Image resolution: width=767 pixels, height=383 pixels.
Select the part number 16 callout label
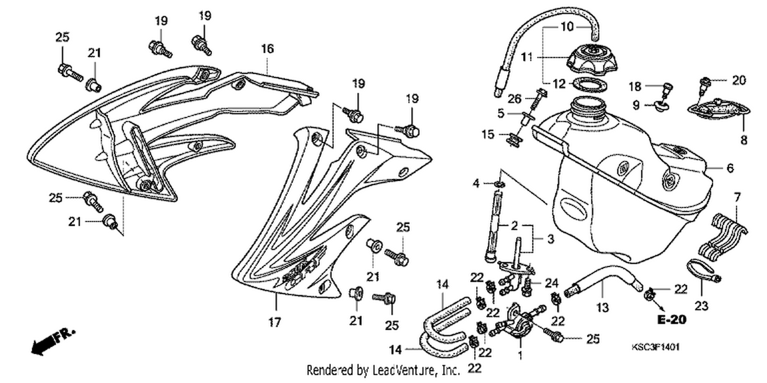267,49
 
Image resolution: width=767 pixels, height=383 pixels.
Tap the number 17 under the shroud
275,322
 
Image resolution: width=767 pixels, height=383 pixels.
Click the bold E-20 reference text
672,320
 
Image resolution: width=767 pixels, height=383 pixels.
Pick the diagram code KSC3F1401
656,347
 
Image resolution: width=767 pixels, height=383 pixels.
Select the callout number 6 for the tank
730,168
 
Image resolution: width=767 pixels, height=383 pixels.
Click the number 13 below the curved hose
602,308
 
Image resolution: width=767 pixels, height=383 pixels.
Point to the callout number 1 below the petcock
520,355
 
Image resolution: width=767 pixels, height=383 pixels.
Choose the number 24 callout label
552,283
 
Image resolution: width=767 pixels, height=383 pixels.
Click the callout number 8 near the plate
743,140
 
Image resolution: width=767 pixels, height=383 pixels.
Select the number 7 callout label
737,197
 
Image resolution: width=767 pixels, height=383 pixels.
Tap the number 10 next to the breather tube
568,27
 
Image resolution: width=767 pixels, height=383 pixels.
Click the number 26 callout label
514,99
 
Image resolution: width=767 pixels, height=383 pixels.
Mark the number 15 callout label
488,135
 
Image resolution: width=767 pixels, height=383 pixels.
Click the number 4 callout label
476,184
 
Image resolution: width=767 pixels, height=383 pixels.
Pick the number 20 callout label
739,80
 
